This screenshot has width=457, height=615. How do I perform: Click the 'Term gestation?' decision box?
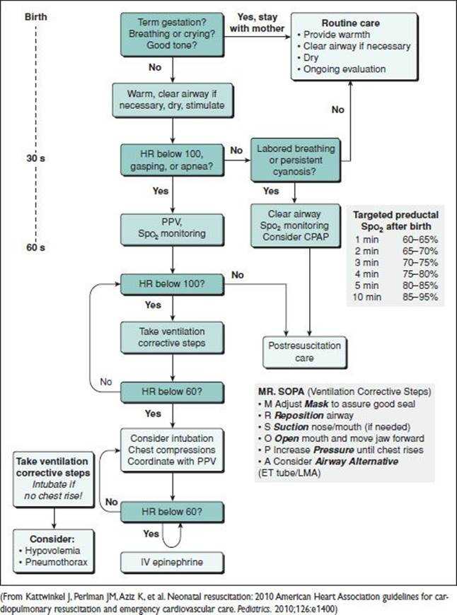172,34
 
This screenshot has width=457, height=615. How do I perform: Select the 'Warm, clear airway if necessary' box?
173,100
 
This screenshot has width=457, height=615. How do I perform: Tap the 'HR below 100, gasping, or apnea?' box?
172,160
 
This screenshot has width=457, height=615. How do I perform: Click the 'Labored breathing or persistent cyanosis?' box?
296,160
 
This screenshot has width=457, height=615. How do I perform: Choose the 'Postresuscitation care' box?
305,352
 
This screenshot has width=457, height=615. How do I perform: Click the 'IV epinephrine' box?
172,562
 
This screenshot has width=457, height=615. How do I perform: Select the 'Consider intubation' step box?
172,450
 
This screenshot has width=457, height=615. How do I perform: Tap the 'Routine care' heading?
351,23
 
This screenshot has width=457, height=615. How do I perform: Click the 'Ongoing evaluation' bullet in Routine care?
342,69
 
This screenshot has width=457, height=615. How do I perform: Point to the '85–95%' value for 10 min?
420,297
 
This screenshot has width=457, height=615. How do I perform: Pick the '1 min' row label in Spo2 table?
367,240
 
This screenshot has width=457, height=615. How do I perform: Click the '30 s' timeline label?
36,158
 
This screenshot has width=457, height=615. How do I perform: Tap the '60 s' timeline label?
36,247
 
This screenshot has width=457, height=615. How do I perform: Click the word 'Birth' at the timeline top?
36,17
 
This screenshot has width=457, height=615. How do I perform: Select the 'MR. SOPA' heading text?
281,392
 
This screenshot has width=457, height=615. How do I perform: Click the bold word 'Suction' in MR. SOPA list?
291,427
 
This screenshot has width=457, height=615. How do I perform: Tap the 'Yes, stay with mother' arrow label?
258,23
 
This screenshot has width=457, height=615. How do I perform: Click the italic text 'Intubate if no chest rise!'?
53,490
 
